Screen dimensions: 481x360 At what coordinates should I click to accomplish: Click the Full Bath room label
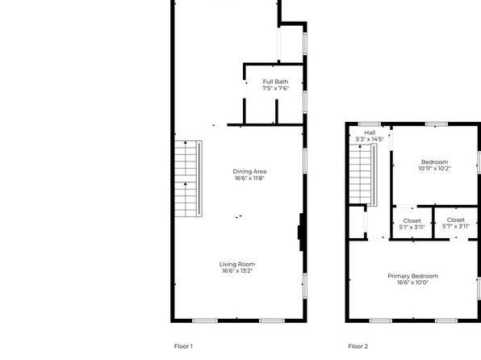(275, 82)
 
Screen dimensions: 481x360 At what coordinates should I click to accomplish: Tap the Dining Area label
(249, 171)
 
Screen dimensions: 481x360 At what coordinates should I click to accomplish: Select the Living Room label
(237, 264)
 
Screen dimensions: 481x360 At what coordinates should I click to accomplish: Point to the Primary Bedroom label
(412, 276)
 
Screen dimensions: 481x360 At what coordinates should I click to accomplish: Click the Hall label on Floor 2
(370, 132)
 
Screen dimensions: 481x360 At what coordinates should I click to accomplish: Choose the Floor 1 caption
(183, 346)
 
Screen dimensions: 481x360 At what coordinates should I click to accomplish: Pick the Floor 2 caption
(358, 346)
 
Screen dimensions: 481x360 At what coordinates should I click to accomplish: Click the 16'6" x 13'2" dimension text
(237, 270)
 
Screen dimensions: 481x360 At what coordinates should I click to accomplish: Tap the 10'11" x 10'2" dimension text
(434, 168)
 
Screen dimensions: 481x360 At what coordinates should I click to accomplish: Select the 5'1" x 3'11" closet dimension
(412, 227)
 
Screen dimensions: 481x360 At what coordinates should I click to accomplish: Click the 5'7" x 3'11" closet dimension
(456, 227)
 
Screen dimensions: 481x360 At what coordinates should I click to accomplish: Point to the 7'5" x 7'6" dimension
(275, 89)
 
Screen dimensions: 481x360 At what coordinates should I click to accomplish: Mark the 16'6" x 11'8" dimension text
(249, 178)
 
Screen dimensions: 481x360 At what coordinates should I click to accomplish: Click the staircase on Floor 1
(188, 178)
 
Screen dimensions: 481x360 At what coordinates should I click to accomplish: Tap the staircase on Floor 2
(363, 174)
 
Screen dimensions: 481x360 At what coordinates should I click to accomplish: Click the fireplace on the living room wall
(301, 232)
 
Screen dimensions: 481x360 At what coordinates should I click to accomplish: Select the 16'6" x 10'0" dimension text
(412, 283)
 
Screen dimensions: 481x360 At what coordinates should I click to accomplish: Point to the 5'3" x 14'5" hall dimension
(370, 139)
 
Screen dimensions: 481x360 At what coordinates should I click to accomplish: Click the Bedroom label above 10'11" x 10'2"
(434, 161)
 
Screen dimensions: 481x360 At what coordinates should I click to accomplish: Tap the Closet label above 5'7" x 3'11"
(456, 220)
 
